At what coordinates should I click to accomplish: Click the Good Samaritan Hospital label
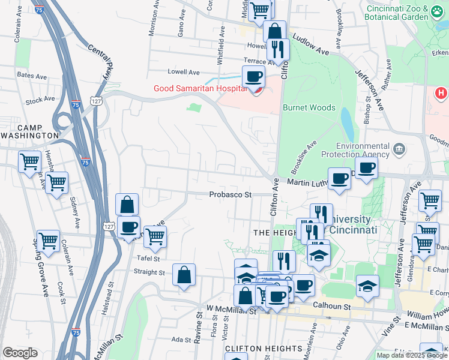click(x=200, y=88)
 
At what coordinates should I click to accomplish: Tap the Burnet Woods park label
click(x=309, y=109)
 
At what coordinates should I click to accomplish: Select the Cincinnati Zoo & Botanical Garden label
click(x=406, y=13)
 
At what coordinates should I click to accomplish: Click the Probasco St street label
click(x=230, y=194)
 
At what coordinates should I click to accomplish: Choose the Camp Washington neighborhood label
click(x=29, y=131)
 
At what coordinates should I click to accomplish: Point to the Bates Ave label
click(x=32, y=76)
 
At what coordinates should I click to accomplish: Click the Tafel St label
click(x=148, y=259)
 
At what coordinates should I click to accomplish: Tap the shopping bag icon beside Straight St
click(x=184, y=275)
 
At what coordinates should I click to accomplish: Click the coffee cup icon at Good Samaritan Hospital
click(x=253, y=77)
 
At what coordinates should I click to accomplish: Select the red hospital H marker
click(x=441, y=93)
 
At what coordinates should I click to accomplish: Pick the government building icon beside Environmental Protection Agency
click(x=398, y=148)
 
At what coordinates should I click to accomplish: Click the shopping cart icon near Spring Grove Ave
click(x=48, y=241)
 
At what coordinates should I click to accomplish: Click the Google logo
click(x=20, y=353)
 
